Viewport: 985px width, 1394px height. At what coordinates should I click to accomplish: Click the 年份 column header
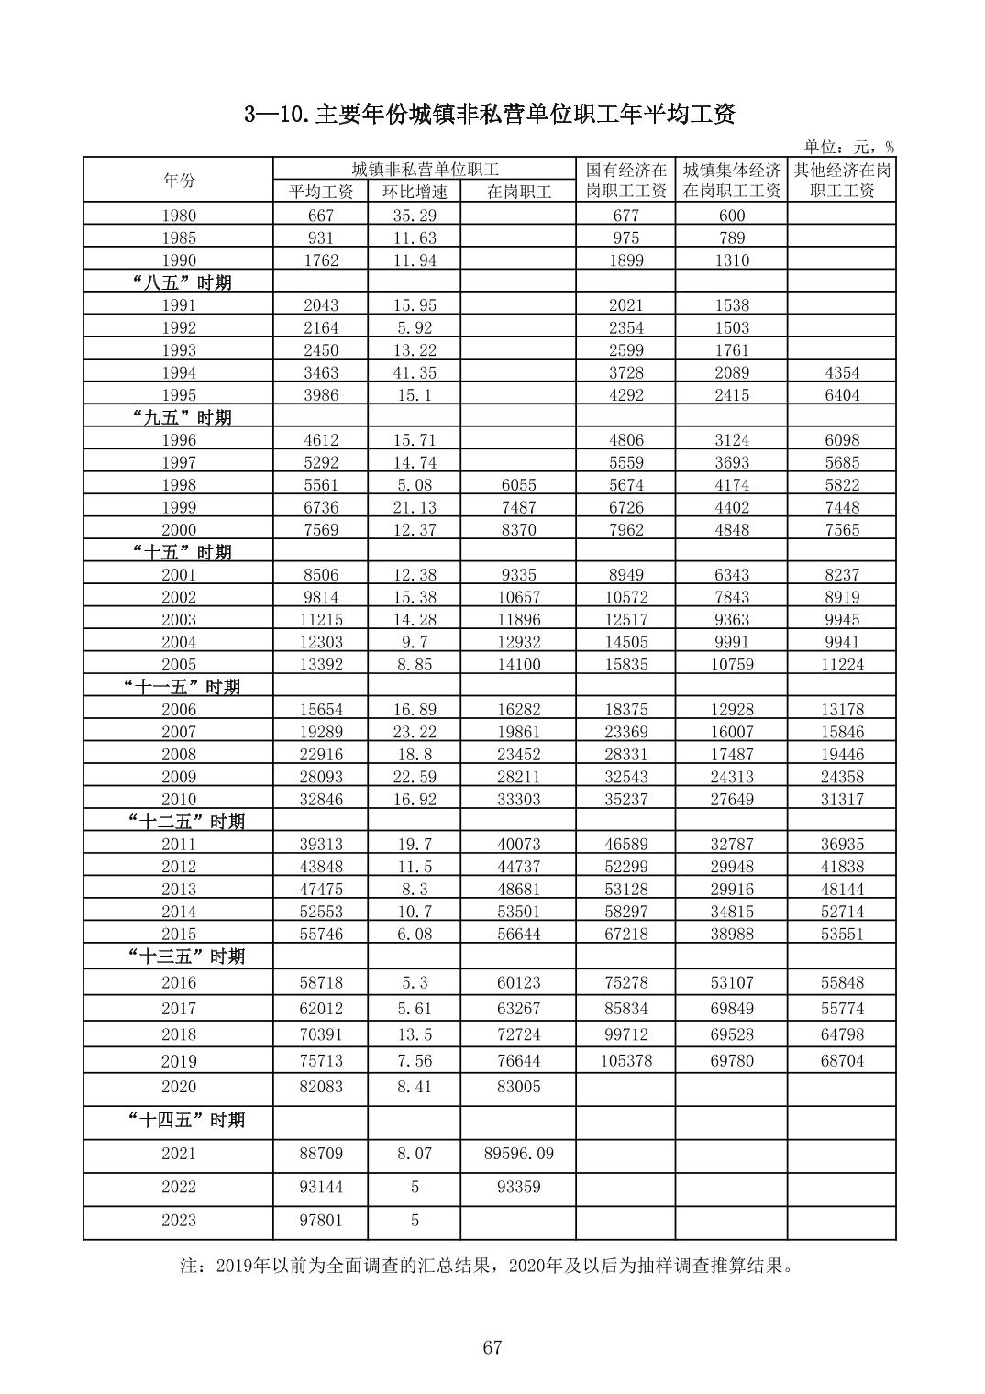[x=178, y=181]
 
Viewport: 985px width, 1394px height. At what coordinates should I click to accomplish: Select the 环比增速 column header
[x=415, y=192]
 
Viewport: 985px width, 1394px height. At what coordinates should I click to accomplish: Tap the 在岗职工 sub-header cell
[x=518, y=192]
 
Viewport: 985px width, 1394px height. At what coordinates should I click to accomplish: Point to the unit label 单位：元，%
[x=848, y=147]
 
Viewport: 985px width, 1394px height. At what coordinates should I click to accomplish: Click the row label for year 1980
[x=178, y=216]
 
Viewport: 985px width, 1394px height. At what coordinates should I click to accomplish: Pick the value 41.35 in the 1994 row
[x=415, y=372]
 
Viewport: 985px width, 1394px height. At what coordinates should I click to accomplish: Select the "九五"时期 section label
[x=178, y=417]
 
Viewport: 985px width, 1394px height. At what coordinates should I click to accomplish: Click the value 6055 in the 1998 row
[x=518, y=485]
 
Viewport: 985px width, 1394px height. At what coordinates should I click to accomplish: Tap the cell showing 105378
[x=625, y=1060]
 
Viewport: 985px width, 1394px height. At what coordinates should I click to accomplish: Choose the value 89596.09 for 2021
[x=518, y=1154]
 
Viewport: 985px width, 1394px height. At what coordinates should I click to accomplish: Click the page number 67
[x=492, y=1347]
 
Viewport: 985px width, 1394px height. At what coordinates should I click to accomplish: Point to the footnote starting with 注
[x=486, y=1267]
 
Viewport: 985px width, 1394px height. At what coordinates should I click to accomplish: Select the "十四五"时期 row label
[x=185, y=1120]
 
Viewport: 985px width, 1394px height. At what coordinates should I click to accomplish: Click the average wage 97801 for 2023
[x=321, y=1221]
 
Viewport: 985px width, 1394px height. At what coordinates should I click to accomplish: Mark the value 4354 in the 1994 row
[x=841, y=372]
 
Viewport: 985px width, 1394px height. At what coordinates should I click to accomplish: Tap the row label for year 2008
[x=178, y=755]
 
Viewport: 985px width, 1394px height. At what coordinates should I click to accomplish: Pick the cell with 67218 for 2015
[x=625, y=934]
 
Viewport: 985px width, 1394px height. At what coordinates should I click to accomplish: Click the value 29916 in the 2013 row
[x=731, y=889]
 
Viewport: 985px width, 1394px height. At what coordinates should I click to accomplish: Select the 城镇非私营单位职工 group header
[x=425, y=169]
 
